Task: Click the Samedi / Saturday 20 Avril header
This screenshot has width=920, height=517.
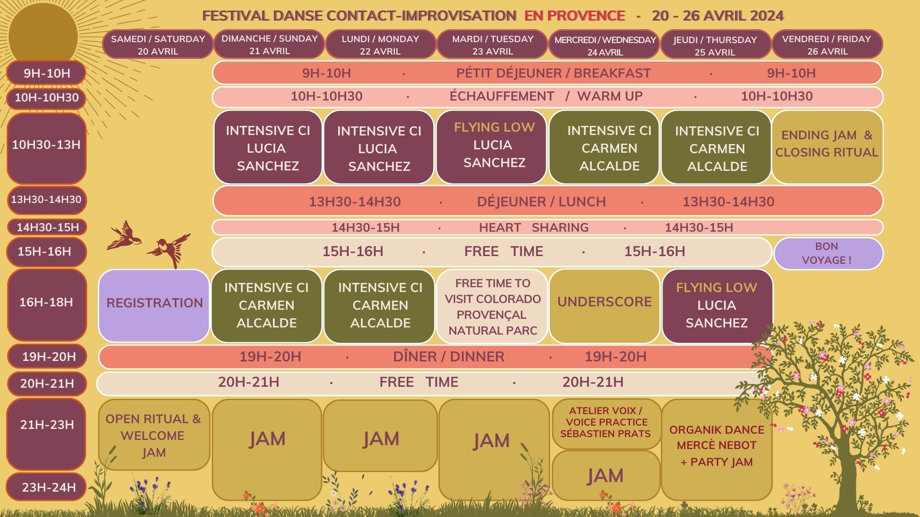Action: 158,45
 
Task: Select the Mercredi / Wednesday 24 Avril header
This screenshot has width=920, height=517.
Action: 605,45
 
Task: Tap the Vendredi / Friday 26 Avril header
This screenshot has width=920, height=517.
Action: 827,45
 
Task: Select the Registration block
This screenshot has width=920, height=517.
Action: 154,305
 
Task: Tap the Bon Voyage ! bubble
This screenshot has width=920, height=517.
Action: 828,253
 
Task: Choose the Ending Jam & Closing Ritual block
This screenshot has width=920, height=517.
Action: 827,147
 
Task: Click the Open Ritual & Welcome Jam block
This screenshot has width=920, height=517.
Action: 154,435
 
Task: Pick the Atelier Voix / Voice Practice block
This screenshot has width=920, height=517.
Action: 606,424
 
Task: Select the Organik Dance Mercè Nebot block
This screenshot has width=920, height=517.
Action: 717,449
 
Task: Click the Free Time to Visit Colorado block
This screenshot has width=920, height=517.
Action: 492,306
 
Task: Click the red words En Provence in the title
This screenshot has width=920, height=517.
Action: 575,16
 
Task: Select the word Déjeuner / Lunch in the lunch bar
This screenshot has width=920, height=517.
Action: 541,202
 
